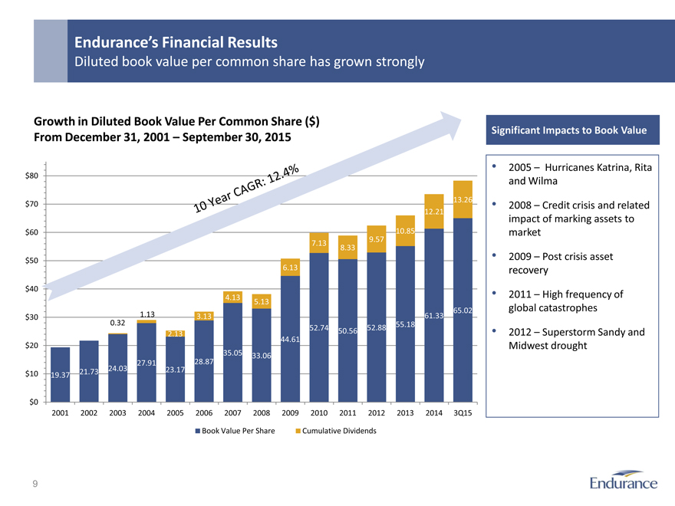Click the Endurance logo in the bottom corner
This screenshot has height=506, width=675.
click(x=624, y=482)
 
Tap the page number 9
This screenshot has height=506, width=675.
click(x=35, y=484)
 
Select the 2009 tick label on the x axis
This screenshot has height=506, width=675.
click(x=290, y=413)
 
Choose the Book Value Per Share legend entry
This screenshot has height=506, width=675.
click(x=235, y=431)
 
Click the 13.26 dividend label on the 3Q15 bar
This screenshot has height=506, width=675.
click(x=463, y=201)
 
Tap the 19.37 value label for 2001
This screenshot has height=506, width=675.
click(x=59, y=375)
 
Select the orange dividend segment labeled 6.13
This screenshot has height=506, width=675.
click(x=290, y=267)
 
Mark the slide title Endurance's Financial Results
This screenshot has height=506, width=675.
click(x=176, y=42)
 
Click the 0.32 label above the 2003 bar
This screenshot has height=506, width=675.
click(x=117, y=322)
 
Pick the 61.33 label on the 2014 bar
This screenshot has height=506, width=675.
click(x=434, y=315)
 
